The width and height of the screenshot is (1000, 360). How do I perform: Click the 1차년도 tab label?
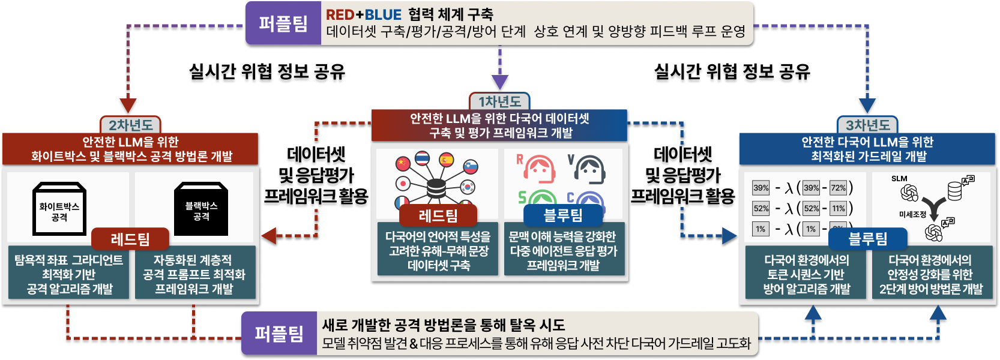499,101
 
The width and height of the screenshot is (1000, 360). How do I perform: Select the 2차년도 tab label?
130,125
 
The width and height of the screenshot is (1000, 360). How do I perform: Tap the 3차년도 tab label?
867,125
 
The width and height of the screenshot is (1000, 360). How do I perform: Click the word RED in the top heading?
340,14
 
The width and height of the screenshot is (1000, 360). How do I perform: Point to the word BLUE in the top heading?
383,14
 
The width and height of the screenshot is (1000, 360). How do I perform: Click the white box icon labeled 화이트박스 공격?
59,209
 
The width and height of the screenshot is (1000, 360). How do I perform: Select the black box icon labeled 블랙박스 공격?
201,209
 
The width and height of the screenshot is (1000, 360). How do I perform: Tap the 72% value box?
838,188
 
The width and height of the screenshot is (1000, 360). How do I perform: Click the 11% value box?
838,208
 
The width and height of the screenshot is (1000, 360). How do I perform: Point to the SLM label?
899,178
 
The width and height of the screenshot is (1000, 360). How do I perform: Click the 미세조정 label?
912,214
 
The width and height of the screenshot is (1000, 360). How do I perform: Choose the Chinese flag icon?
403,163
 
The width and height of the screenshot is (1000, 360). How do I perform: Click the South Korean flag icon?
467,187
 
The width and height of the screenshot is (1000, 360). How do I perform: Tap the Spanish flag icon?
446,160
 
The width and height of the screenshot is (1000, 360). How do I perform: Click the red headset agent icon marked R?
538,169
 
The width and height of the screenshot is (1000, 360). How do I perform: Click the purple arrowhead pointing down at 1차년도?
499,82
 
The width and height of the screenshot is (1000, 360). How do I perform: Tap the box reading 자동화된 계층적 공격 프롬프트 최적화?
194,274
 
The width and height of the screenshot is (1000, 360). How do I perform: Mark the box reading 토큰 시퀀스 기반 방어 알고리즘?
807,274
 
